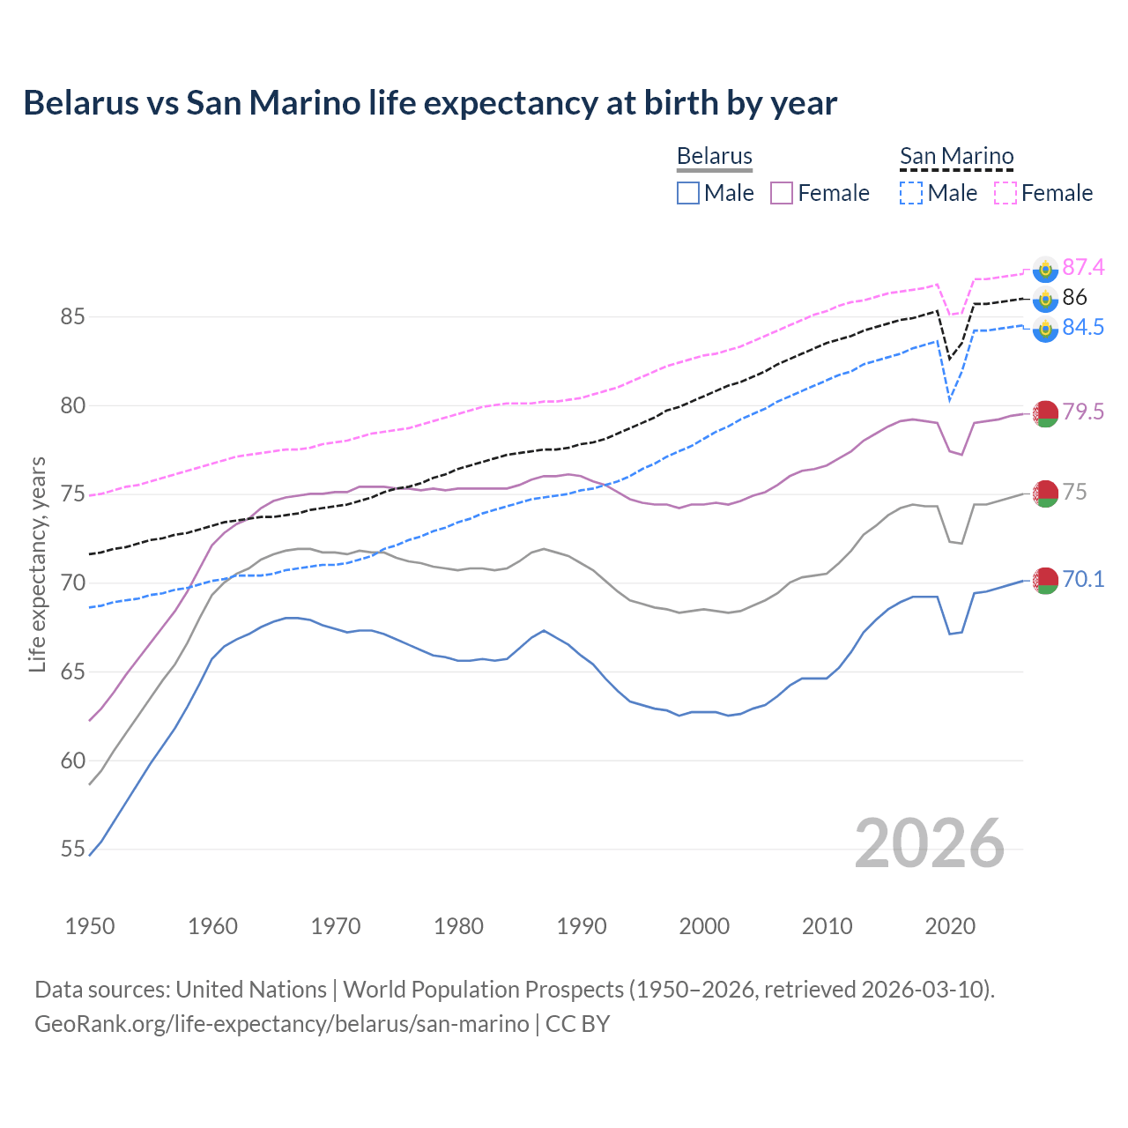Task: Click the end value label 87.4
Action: pos(1083,267)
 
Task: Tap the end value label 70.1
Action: pos(1083,579)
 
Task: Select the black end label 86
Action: pos(1074,297)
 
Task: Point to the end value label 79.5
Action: pos(1083,412)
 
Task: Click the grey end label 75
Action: pos(1074,492)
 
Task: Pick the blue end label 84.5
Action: pos(1083,327)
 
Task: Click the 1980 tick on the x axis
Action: pos(458,926)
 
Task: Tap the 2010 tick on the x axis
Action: pos(827,926)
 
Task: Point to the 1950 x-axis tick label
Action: pos(90,926)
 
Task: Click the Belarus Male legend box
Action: pos(688,193)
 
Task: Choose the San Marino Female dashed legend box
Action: pos(1006,193)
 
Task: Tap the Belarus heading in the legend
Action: pos(714,157)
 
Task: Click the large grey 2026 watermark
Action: pos(929,843)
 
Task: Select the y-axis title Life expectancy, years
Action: pos(37,564)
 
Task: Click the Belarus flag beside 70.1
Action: pos(1045,581)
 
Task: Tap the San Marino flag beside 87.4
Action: pos(1045,269)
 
